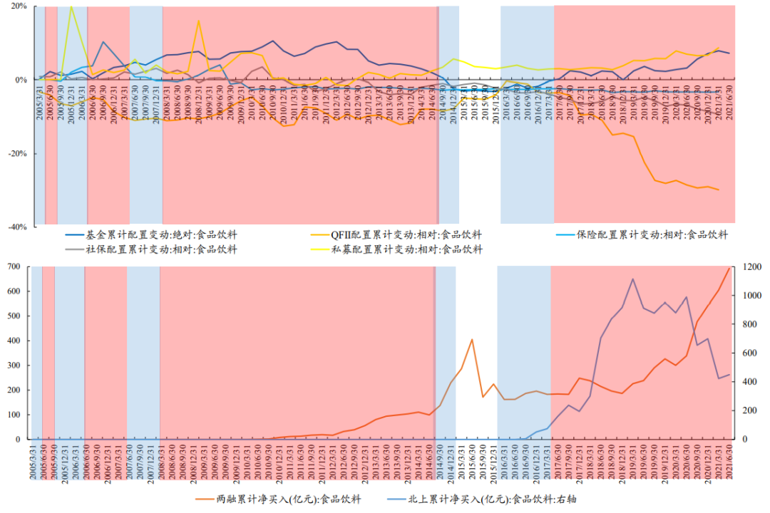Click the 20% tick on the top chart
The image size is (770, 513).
click(x=18, y=6)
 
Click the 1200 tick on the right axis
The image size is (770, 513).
click(x=753, y=266)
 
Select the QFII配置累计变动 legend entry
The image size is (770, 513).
click(x=406, y=234)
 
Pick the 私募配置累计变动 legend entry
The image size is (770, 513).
click(x=406, y=249)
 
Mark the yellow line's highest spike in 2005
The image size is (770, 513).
click(x=71, y=6)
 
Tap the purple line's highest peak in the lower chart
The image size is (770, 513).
click(x=632, y=279)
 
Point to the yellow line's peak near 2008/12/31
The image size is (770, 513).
click(x=198, y=20)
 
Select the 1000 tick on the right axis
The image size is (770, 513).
click(x=753, y=296)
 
